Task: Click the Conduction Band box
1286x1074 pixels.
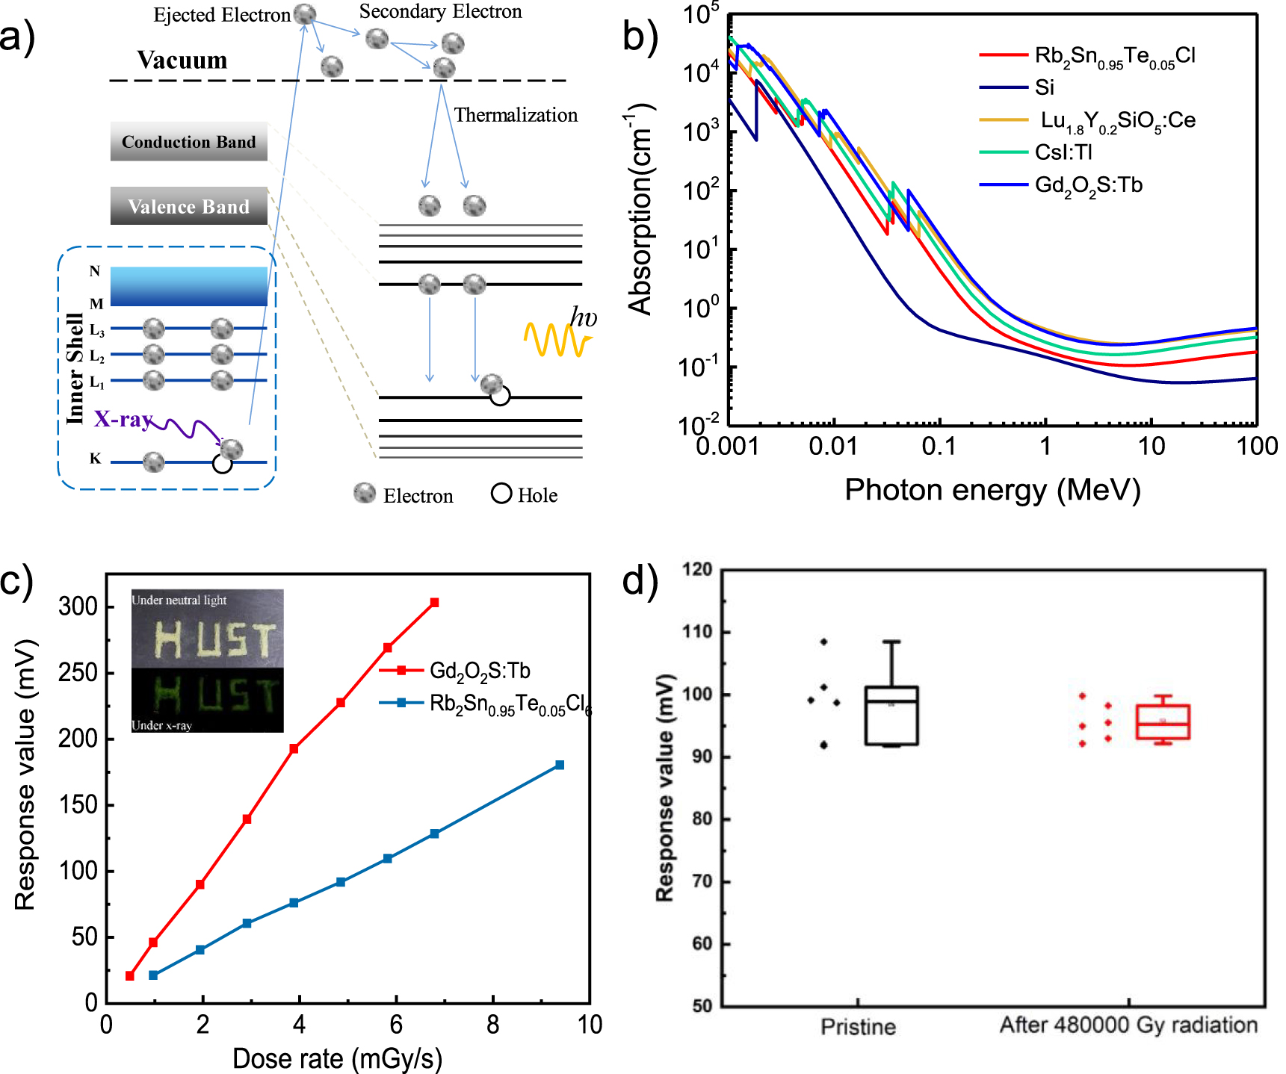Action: (188, 142)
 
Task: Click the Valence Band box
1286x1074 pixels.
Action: (188, 206)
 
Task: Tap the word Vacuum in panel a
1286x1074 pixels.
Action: (182, 60)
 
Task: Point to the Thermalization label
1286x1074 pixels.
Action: (516, 115)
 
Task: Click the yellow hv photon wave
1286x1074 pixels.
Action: (557, 340)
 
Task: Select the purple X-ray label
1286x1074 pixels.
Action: (123, 419)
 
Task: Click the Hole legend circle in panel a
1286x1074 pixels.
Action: (501, 494)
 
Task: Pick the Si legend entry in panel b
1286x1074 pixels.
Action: (1044, 88)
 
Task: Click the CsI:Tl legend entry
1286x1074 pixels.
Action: (1063, 152)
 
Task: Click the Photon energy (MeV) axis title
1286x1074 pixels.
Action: (992, 490)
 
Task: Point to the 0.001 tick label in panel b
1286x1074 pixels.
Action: (727, 447)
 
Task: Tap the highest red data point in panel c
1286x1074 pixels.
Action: (434, 602)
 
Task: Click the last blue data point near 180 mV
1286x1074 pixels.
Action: (560, 765)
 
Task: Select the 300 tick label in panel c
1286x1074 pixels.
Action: (78, 606)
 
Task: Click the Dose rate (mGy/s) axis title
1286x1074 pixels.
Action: (337, 1058)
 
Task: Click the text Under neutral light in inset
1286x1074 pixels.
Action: (179, 600)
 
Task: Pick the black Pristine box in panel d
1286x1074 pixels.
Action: (891, 715)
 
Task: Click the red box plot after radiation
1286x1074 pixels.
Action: (1162, 721)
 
